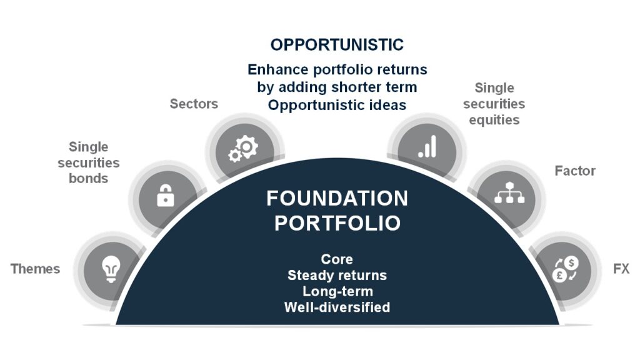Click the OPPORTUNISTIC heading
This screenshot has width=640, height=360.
pos(337,45)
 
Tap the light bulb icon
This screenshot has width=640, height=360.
pos(111,269)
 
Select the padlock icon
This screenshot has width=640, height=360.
pos(165,196)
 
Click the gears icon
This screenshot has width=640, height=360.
pos(243,149)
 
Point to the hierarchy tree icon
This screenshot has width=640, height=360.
pos(509,193)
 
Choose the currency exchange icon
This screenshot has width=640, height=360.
pos(566,269)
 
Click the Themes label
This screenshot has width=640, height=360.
pos(35,269)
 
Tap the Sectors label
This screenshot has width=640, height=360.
pos(194,104)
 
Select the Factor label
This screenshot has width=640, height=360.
pos(575,171)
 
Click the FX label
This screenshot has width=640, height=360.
pos(621,269)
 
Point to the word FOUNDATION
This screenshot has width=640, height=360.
pos(337,198)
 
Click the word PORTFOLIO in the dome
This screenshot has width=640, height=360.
pos(337,223)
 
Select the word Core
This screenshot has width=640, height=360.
pos(337,259)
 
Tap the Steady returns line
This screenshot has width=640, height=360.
pos(337,276)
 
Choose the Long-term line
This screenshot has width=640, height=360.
pos(337,291)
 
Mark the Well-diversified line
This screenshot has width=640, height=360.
pos(337,307)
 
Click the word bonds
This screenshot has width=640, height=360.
pos(89,178)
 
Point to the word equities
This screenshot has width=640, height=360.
pos(494,120)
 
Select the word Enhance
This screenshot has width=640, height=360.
pos(278,69)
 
